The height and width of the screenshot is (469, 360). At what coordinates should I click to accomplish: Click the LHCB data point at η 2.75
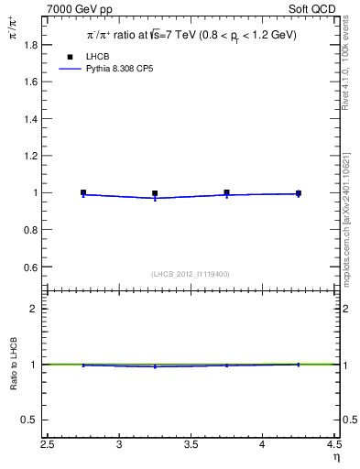[x=83, y=192]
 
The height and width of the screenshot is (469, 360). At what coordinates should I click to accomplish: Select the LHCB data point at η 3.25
[x=155, y=193]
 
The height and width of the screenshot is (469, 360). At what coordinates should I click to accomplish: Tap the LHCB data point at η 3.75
[x=226, y=192]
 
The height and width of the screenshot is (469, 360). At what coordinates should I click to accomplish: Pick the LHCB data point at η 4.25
[x=298, y=193]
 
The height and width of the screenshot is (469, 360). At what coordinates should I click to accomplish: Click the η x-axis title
[x=335, y=457]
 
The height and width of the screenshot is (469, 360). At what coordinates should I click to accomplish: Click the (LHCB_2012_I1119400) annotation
[x=191, y=274]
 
